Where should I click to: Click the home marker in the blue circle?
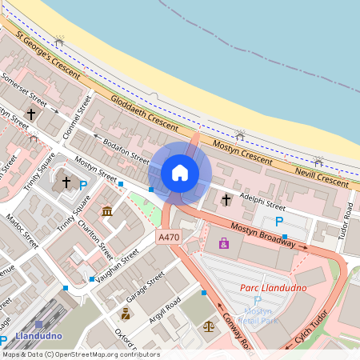[180, 172]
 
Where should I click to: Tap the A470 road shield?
[169, 238]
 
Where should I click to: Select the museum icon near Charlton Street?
[107, 211]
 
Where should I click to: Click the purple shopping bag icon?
[222, 242]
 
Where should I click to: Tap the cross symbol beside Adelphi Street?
[226, 198]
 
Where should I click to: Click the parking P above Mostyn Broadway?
[278, 222]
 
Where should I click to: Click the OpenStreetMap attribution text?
[80, 354]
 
